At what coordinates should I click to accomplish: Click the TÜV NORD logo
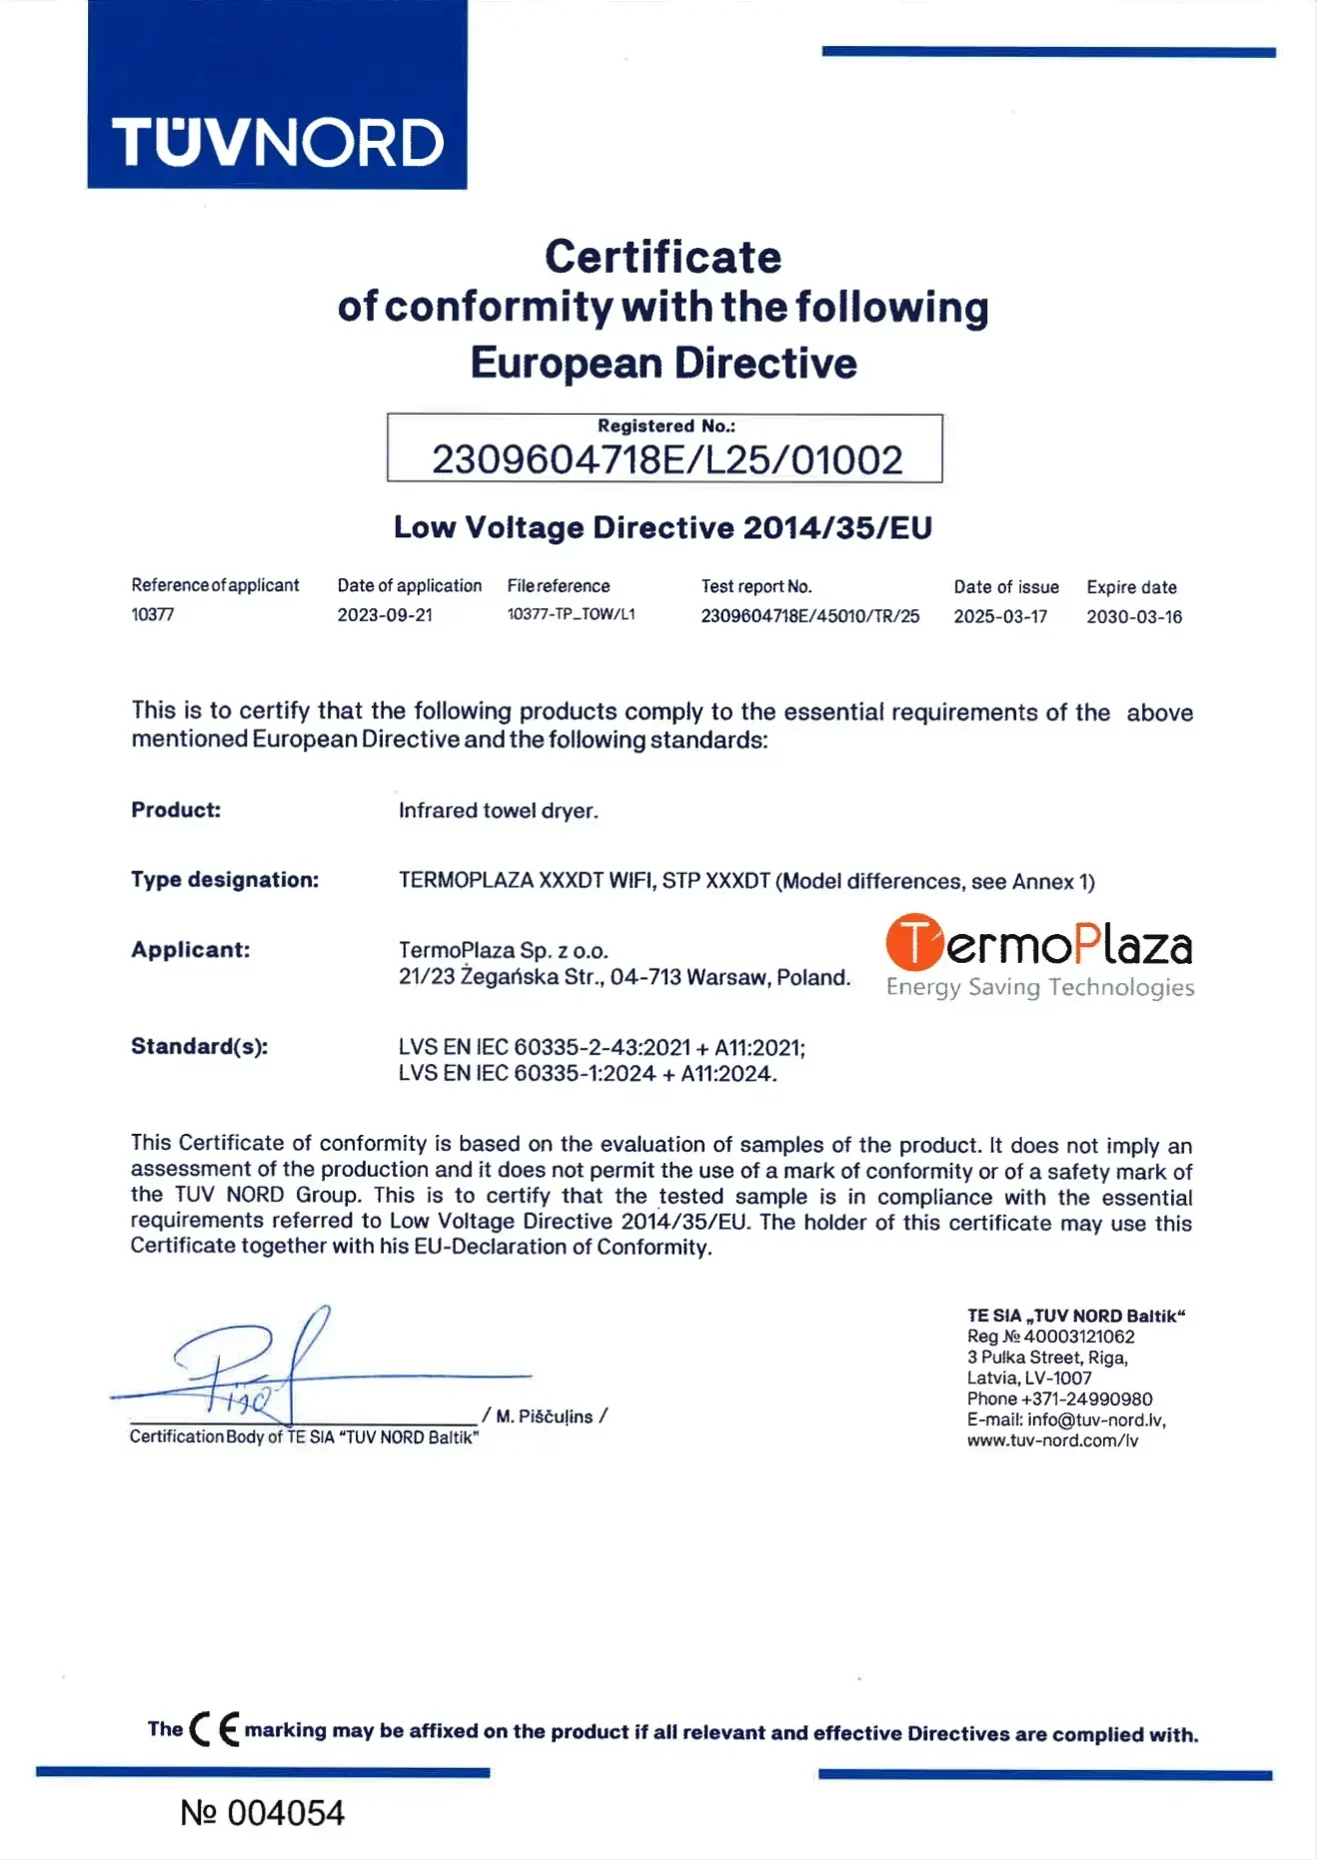coord(277,142)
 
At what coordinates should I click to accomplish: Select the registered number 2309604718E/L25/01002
coord(666,460)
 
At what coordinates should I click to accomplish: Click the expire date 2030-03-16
coord(1134,617)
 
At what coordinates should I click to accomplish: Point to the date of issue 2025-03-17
coord(1000,616)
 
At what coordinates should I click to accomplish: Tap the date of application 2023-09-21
coord(385,615)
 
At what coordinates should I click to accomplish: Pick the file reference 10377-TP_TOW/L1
coord(571,614)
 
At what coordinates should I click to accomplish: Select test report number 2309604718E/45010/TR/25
coord(809,616)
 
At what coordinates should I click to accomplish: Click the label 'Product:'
coord(176,810)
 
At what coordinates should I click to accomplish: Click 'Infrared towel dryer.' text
coord(498,811)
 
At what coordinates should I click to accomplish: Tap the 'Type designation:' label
coord(225,880)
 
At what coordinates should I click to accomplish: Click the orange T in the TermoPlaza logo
coord(913,943)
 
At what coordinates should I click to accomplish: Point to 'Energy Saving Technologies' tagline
coord(1039,988)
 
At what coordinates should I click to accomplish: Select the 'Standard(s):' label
coord(200,1047)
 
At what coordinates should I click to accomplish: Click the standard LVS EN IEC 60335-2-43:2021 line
coord(602,1048)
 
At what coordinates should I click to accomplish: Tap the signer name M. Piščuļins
coord(545,1416)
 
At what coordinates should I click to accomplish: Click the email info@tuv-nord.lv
coord(1095,1420)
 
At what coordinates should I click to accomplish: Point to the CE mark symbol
coord(214,1729)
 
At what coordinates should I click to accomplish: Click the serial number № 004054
coord(262,1813)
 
